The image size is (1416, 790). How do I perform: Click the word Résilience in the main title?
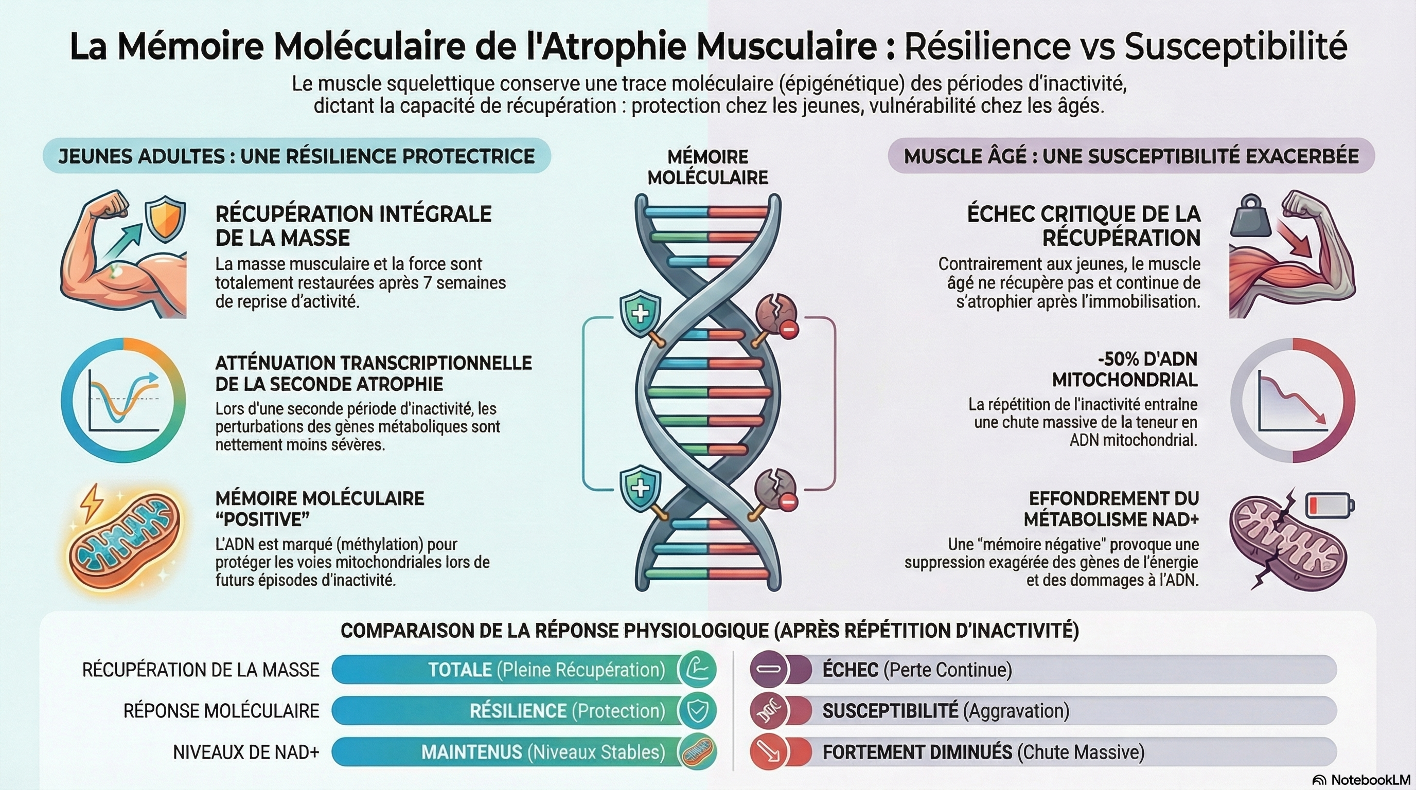(x=987, y=47)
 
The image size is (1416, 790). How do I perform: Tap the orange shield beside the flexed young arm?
(x=164, y=220)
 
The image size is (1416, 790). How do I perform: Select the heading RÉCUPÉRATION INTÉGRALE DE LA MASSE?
(x=353, y=226)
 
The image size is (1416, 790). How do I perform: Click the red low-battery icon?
(x=1330, y=505)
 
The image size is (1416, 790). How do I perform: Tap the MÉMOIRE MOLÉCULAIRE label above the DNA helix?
(x=707, y=167)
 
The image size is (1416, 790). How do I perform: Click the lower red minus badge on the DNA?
(x=788, y=501)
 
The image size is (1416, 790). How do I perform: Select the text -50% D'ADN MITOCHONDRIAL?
(x=1124, y=369)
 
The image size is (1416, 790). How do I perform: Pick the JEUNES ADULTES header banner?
(x=296, y=156)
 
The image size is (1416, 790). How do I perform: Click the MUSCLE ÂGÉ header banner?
(x=1131, y=156)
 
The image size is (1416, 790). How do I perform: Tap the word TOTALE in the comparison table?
(x=459, y=670)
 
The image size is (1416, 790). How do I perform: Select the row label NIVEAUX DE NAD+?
(x=246, y=752)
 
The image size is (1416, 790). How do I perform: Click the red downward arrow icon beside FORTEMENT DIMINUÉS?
(x=769, y=752)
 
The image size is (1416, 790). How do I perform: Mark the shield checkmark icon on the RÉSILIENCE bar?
(x=697, y=711)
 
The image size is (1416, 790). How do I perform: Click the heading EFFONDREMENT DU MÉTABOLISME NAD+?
(x=1111, y=509)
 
